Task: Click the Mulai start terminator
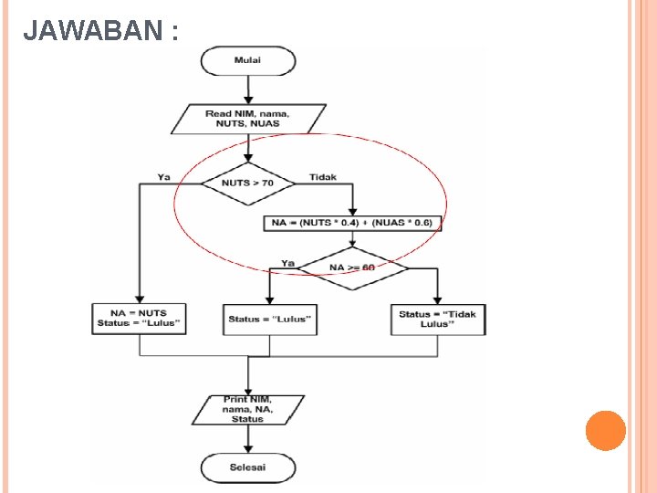[248, 61]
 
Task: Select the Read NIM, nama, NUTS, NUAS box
[248, 118]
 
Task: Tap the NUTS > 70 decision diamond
[248, 183]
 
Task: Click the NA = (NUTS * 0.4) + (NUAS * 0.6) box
[352, 222]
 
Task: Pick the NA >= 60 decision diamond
[352, 267]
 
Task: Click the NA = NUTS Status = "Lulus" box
[140, 319]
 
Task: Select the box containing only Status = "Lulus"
[269, 319]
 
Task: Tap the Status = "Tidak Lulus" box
[437, 319]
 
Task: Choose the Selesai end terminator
[248, 467]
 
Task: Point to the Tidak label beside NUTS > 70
[323, 177]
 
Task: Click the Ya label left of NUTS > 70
[163, 177]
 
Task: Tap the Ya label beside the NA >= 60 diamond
[288, 263]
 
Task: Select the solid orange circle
[605, 431]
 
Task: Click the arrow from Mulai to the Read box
[248, 89]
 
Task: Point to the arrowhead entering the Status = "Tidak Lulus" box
[437, 300]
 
